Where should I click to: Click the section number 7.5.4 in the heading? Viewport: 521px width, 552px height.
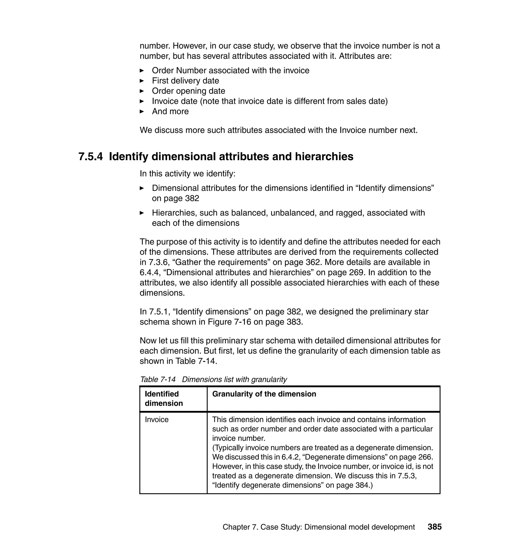90,157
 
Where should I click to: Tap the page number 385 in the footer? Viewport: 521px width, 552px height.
434,527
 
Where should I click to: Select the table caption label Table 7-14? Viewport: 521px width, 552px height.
158,379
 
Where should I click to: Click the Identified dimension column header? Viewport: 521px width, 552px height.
164,398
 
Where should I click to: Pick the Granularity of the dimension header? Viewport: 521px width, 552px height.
264,394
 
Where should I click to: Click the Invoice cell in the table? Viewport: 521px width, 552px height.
157,419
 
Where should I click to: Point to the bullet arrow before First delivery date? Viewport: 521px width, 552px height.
142,81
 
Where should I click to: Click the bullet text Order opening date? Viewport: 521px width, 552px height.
188,91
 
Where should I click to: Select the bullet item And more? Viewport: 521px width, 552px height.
170,112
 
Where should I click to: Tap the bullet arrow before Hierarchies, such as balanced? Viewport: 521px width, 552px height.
142,213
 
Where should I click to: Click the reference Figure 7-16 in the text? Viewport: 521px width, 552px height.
229,322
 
